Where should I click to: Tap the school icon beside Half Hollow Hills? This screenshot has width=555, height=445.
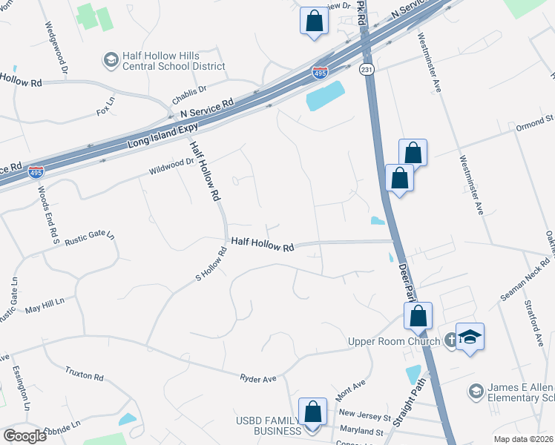(x=111, y=59)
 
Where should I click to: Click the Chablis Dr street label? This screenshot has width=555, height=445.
(x=188, y=95)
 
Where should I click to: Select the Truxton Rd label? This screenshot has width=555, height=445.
(x=84, y=374)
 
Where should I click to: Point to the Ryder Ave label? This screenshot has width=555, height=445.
(x=257, y=378)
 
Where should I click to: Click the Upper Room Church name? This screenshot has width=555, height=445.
(x=390, y=341)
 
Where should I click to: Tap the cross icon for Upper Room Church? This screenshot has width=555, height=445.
(x=450, y=341)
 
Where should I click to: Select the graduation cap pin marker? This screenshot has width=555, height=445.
(x=469, y=337)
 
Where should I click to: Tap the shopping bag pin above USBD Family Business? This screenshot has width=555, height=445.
(x=313, y=412)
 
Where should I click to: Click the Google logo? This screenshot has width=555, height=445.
(x=24, y=436)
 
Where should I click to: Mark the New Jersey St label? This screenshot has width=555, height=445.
(x=364, y=413)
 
